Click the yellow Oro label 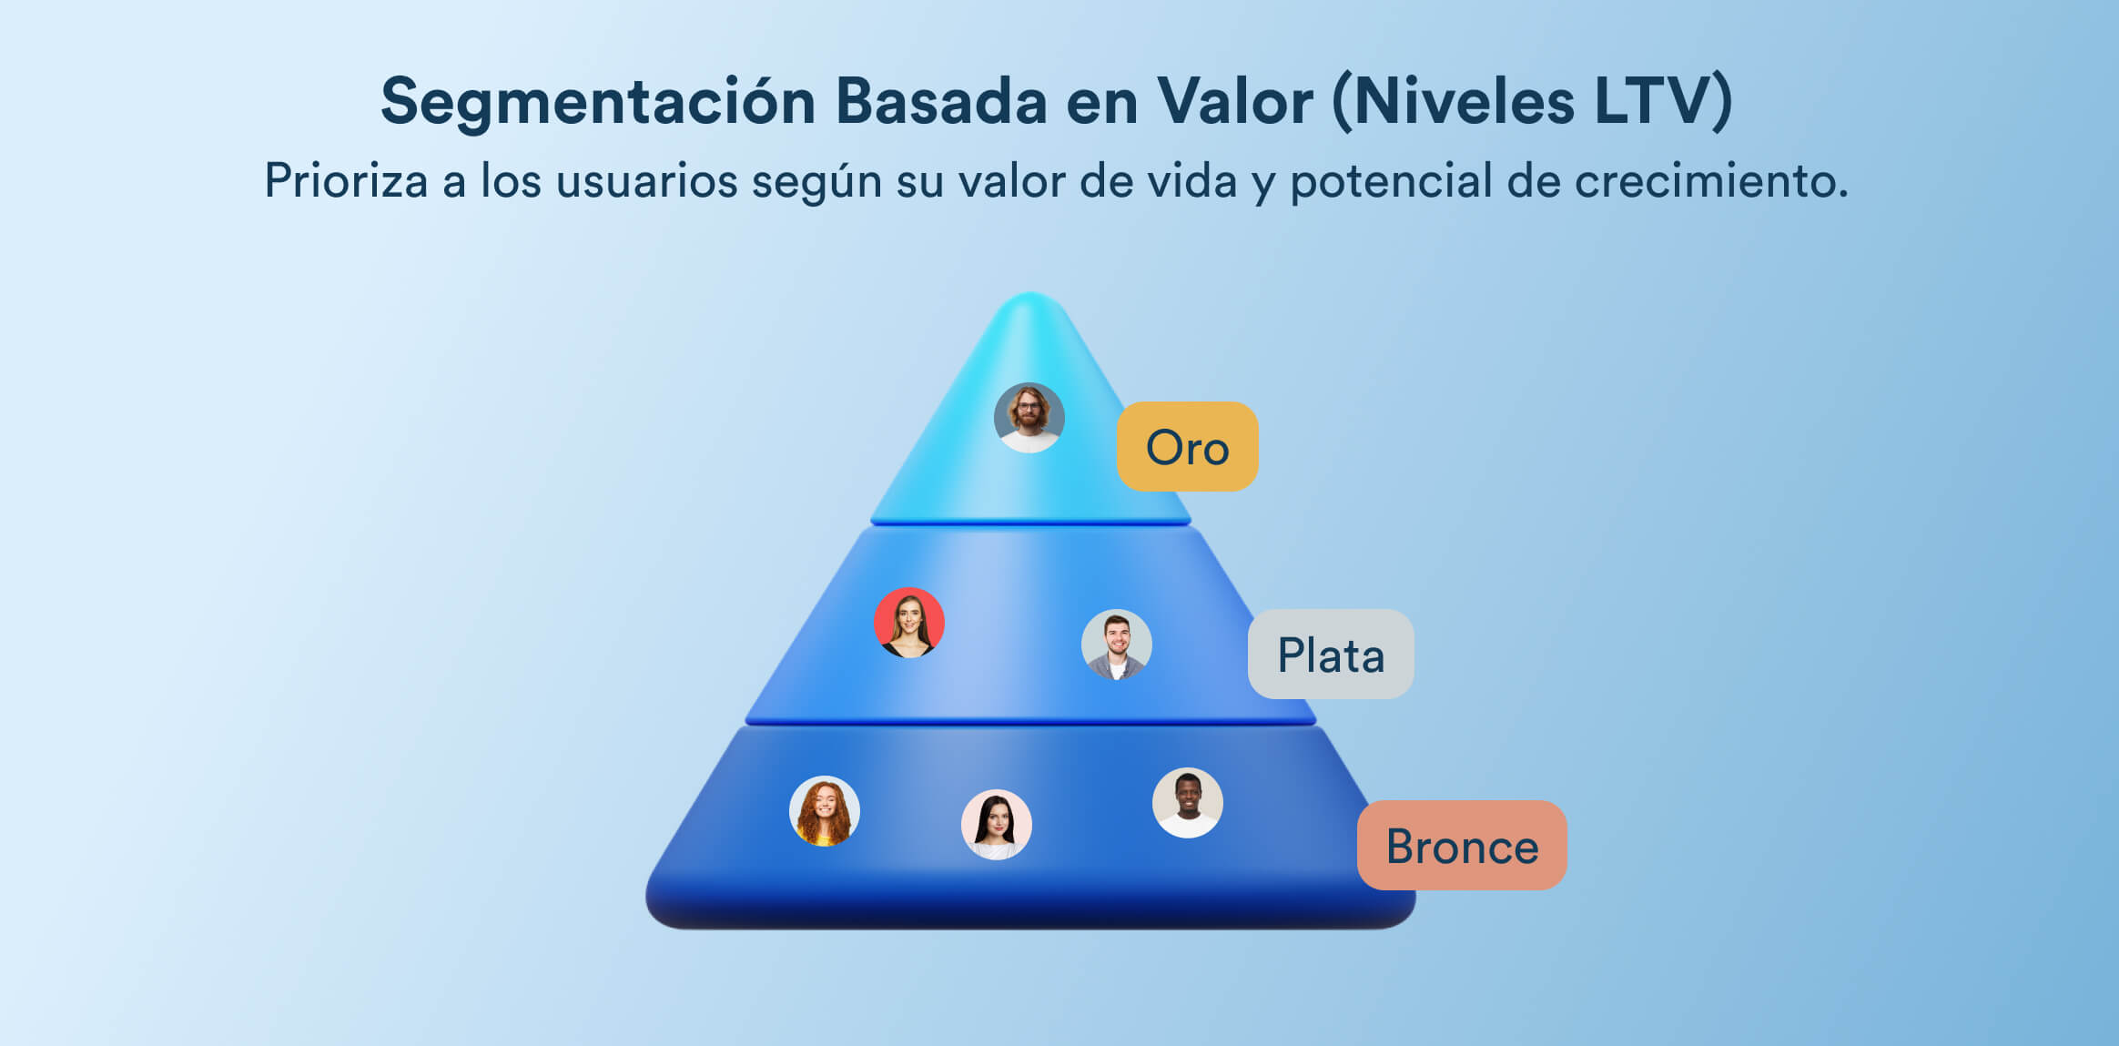1188,446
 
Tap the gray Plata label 1331,654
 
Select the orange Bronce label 1462,845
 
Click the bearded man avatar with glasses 1029,418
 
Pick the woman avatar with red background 909,623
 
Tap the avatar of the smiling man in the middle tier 1117,645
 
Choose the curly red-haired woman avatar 825,811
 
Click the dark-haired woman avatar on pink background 997,825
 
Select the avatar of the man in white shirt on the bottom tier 1188,803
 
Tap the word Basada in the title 941,100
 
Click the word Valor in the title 1234,100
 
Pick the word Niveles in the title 1464,100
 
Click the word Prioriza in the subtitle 346,180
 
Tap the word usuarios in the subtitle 646,180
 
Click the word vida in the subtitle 1191,180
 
